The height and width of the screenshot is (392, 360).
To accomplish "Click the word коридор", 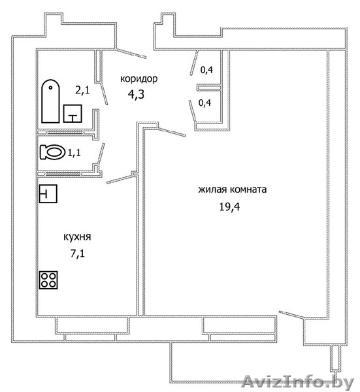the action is pyautogui.click(x=139, y=79).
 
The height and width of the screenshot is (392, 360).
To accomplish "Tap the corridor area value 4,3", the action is pyautogui.click(x=137, y=95).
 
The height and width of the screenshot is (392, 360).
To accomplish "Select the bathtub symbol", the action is pyautogui.click(x=50, y=101).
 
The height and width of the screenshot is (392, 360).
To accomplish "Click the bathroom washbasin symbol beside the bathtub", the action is pyautogui.click(x=73, y=114).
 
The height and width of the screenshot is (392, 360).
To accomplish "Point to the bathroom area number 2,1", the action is pyautogui.click(x=82, y=90).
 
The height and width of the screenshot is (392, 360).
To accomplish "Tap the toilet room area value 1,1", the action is pyautogui.click(x=74, y=152).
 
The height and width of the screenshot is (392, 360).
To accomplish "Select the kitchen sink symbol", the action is pyautogui.click(x=48, y=193).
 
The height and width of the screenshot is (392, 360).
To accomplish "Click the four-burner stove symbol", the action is pyautogui.click(x=48, y=280).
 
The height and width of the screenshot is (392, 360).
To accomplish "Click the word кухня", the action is pyautogui.click(x=77, y=237).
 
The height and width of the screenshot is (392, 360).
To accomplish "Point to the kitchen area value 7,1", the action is pyautogui.click(x=78, y=253).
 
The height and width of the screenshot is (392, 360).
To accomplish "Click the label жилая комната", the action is pyautogui.click(x=233, y=189).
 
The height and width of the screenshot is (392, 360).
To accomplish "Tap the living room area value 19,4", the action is pyautogui.click(x=229, y=206).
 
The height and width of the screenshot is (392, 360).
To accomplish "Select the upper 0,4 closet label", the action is pyautogui.click(x=206, y=70).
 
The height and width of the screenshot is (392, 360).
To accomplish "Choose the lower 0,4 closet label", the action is pyautogui.click(x=205, y=103).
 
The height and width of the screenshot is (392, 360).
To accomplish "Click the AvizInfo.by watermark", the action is pyautogui.click(x=298, y=382).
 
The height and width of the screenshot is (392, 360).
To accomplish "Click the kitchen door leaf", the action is pyautogui.click(x=120, y=179).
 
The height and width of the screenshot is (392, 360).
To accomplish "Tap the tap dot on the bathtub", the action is pyautogui.click(x=51, y=88).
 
